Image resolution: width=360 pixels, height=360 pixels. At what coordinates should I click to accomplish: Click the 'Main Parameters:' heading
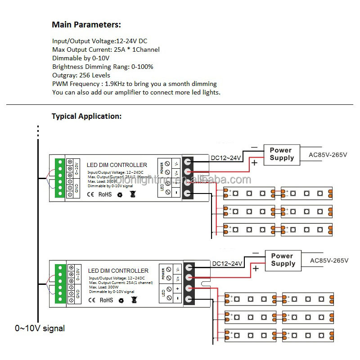[x=86, y=25]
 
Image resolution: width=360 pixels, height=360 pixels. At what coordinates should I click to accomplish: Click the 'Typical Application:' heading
[x=86, y=116]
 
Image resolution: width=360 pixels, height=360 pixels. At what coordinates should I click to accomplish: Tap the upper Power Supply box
[x=282, y=154]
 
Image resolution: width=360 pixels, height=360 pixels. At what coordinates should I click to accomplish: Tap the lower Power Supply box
[x=283, y=260]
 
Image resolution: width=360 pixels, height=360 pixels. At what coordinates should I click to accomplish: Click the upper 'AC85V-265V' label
[x=328, y=155]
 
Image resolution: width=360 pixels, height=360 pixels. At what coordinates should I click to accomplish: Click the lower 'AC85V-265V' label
[x=329, y=261]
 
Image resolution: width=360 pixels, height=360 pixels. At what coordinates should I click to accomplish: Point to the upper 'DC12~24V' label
[x=226, y=158]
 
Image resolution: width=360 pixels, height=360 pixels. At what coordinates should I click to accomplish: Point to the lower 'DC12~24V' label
[x=227, y=263]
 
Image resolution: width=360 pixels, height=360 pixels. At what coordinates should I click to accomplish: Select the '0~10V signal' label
[x=40, y=328]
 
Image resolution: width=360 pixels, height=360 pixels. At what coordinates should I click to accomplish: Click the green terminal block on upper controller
[x=59, y=179]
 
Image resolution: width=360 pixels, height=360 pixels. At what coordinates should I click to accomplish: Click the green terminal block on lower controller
[x=60, y=284]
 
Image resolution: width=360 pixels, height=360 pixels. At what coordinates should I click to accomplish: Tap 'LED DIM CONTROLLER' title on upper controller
[x=117, y=165]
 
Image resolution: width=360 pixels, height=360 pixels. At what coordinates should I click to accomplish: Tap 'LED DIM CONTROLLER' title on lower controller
[x=118, y=271]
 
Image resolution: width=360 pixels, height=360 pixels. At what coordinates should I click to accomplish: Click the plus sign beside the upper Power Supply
[x=254, y=162]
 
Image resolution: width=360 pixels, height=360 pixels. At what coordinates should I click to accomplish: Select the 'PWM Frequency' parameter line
[x=134, y=84]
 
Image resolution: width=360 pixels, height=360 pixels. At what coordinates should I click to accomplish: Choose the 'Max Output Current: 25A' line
[x=106, y=49]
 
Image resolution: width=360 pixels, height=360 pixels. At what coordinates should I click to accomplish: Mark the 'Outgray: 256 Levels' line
[x=81, y=75]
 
